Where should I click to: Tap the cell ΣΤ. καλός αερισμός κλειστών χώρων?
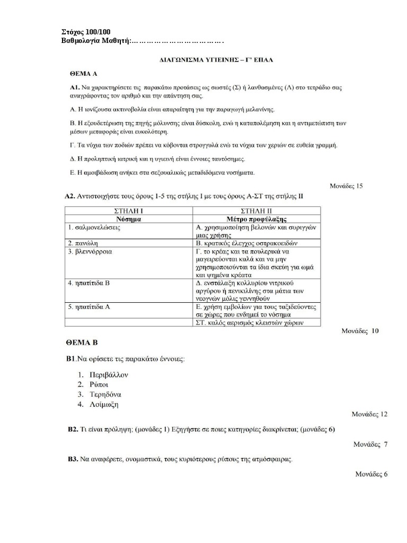[x=250, y=323]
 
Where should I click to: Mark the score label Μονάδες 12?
[x=370, y=414]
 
